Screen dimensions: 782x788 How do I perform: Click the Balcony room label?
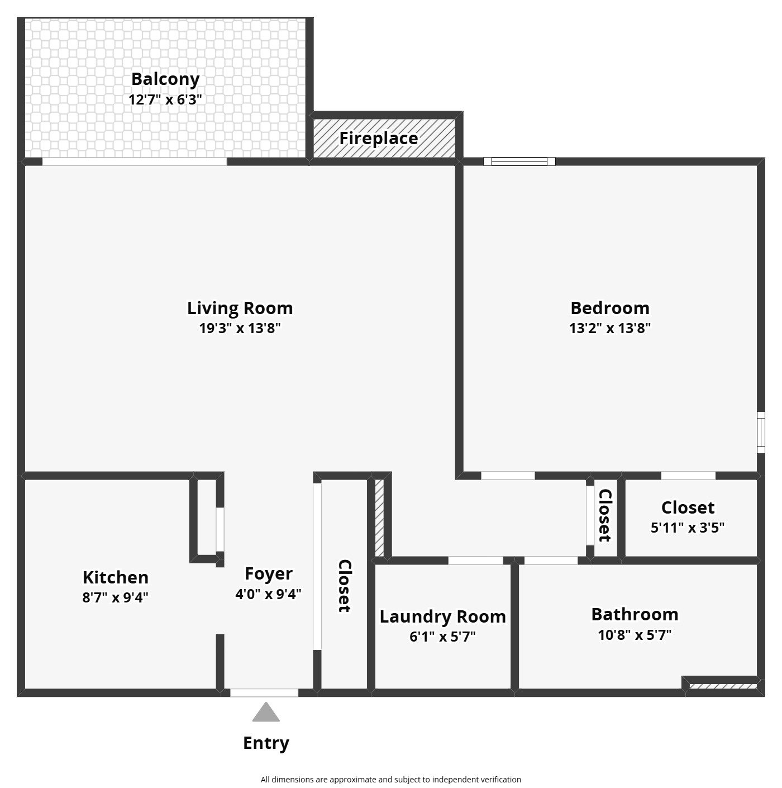click(165, 79)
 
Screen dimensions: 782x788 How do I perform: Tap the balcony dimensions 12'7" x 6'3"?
click(165, 99)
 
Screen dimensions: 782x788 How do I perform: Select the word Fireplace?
click(379, 139)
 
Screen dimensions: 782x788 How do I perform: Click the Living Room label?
click(240, 308)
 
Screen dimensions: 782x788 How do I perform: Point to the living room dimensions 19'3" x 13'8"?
click(240, 328)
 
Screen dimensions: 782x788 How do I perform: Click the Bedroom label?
click(610, 308)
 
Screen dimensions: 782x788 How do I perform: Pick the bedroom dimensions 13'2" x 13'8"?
click(610, 328)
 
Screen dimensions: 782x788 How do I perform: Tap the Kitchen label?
click(116, 578)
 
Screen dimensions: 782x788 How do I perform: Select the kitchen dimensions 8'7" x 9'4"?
click(115, 597)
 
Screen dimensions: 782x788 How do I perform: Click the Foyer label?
click(269, 574)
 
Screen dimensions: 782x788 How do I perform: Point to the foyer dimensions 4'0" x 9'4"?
click(268, 594)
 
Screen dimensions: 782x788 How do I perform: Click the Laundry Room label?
click(443, 617)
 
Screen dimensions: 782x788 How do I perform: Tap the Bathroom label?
click(635, 615)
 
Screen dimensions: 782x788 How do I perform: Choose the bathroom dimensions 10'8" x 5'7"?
click(635, 635)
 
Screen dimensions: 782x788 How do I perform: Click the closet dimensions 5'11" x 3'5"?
click(688, 528)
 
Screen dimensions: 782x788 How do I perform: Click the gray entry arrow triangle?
click(266, 713)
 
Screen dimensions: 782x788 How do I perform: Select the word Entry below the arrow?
click(266, 743)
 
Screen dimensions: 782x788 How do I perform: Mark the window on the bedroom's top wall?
click(519, 162)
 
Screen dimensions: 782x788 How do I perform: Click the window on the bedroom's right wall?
click(761, 433)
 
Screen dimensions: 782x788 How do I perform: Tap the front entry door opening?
click(264, 693)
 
